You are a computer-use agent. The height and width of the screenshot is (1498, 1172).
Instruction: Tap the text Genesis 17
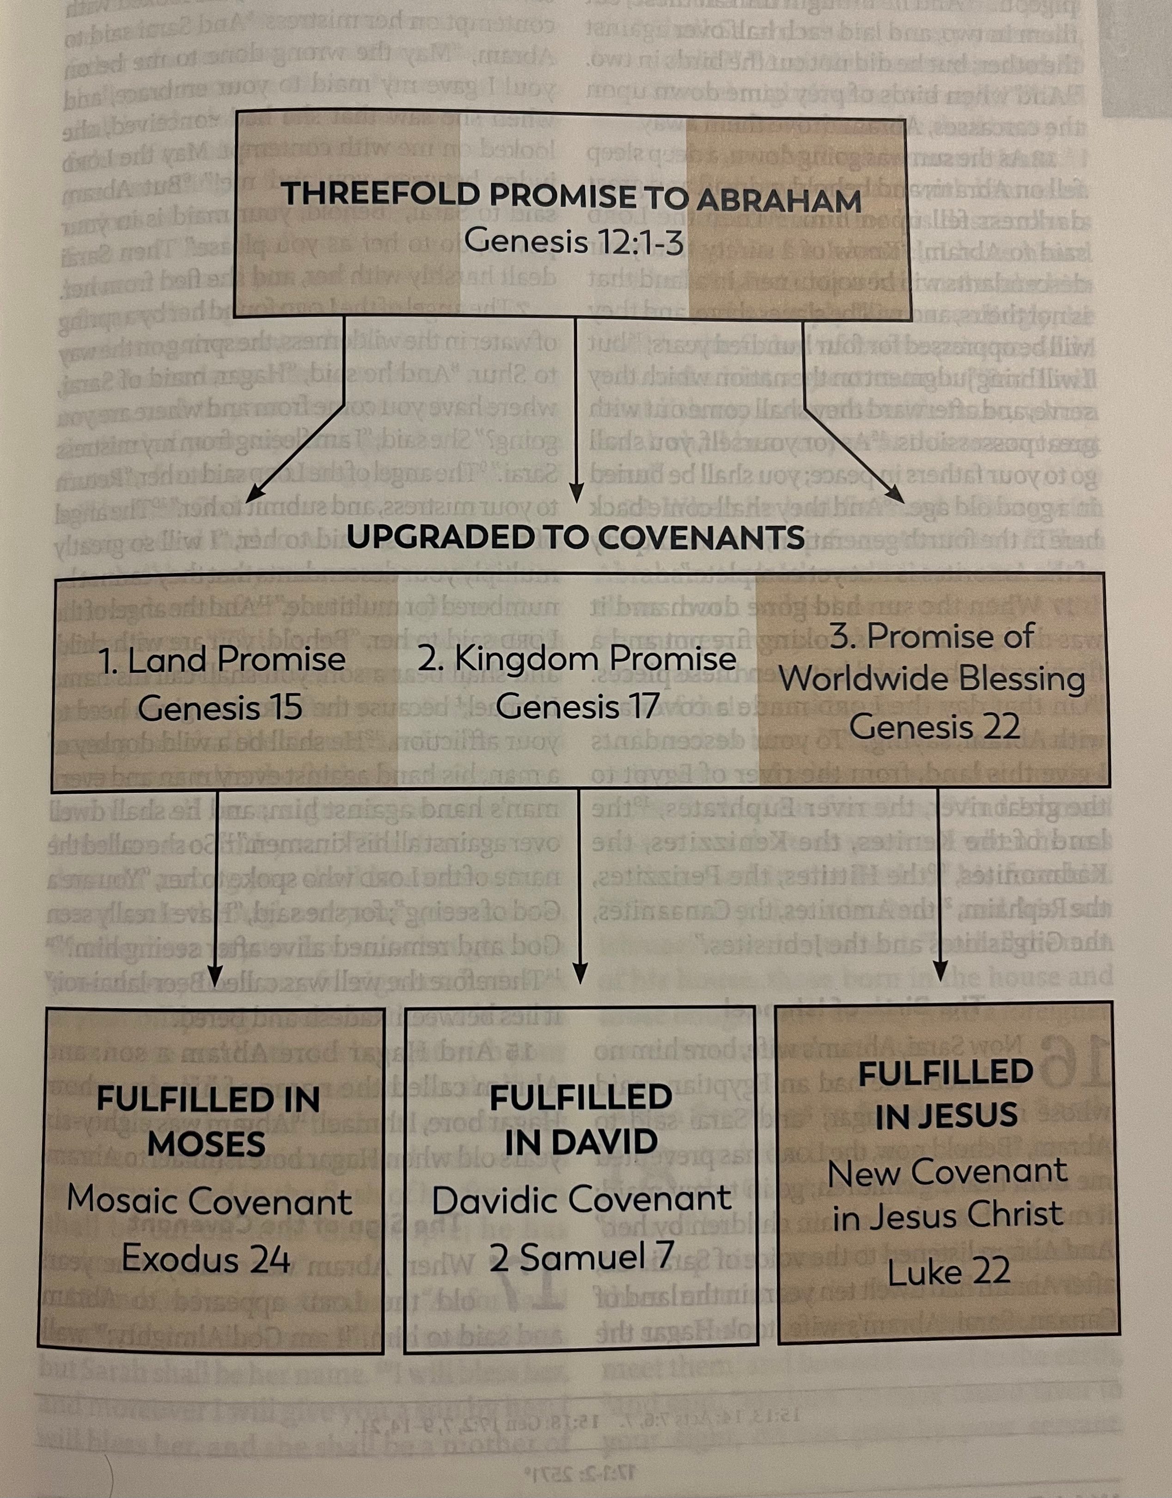click(x=577, y=706)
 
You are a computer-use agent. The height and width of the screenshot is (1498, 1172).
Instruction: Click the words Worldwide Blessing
click(x=932, y=680)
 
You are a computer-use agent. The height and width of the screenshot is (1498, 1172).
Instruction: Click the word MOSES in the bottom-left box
click(x=207, y=1144)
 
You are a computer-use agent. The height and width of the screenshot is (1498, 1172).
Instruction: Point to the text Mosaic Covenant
click(x=209, y=1201)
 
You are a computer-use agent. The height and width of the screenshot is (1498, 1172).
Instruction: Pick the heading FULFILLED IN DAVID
click(x=580, y=1119)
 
